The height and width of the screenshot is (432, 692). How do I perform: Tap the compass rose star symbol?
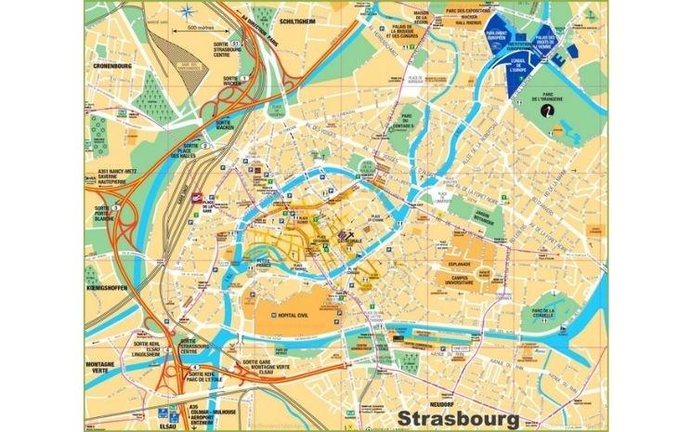pos(189,13)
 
